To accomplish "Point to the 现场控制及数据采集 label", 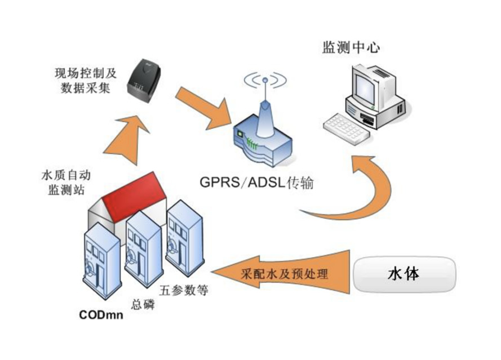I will click(x=85, y=81).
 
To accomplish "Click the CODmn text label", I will click(x=101, y=315).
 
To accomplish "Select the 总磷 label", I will click(x=142, y=303).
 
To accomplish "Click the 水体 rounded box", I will click(x=404, y=274).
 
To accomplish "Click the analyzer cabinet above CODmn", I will click(x=101, y=259).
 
